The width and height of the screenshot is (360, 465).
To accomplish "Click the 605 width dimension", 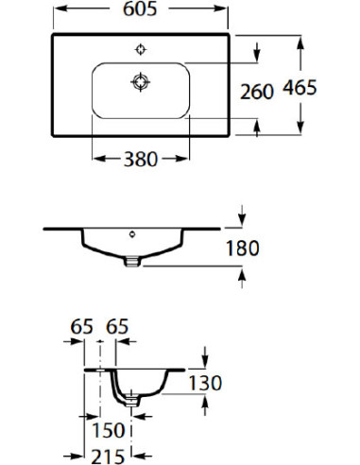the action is click(x=140, y=9).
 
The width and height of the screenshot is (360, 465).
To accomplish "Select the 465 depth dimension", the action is click(x=300, y=87).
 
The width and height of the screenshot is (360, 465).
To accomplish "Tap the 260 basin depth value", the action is click(x=257, y=92).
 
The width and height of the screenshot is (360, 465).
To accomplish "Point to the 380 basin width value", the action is click(x=141, y=159).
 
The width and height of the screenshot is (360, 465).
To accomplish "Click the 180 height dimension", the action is click(x=243, y=248).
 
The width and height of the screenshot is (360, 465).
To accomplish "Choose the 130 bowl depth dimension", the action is click(x=205, y=383).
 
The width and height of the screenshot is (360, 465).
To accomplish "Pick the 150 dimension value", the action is click(x=109, y=430).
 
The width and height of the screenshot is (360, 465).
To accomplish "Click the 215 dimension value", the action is click(x=108, y=456).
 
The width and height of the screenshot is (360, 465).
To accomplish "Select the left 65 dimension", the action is click(x=81, y=326).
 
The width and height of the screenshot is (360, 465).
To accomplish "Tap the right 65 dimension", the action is click(x=117, y=326).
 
